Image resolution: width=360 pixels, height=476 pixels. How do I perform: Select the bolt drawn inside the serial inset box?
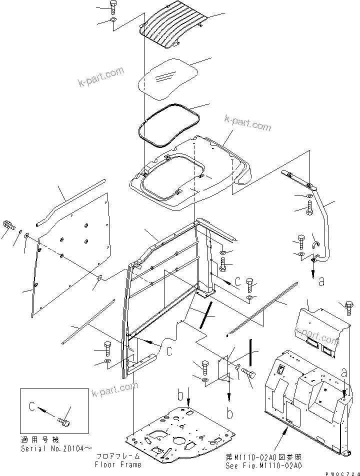click(63, 421)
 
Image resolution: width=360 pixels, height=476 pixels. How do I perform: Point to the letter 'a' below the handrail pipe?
click(321, 281)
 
